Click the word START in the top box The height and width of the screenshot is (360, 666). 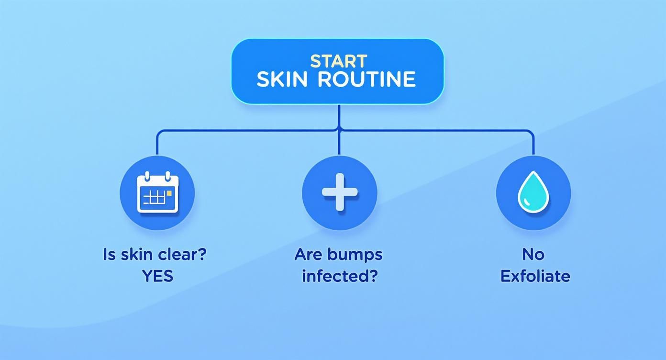tap(338, 61)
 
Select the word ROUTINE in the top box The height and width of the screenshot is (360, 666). tap(367, 79)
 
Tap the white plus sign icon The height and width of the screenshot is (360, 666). tap(340, 192)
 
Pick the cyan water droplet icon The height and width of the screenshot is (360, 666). tap(533, 192)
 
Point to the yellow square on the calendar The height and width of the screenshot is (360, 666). tap(169, 192)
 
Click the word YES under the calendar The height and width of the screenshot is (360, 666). tap(157, 276)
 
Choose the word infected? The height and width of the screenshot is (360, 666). tap(339, 276)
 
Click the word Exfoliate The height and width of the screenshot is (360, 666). tap(535, 276)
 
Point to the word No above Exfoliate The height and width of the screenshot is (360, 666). tap(533, 254)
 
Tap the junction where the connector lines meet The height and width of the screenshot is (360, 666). tap(339, 129)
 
